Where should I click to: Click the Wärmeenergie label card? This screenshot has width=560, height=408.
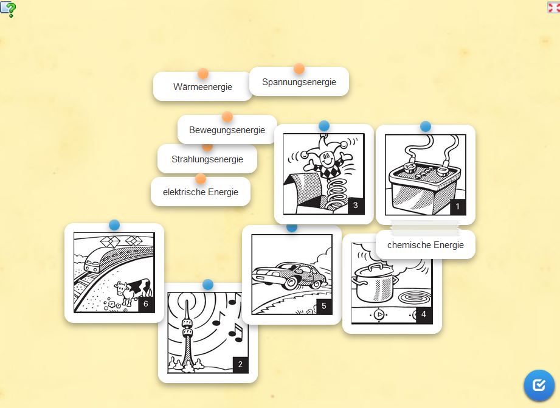coord(202,86)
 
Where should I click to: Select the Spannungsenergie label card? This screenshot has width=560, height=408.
coord(299,82)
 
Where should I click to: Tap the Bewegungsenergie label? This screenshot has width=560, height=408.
coord(227,130)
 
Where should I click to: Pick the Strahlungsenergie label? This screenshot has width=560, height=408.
coord(207,159)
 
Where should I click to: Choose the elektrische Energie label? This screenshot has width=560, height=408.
coord(201,192)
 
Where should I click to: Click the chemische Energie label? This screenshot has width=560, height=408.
coord(426,244)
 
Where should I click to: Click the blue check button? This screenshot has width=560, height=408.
coord(539,385)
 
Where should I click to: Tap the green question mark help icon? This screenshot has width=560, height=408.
coord(8,9)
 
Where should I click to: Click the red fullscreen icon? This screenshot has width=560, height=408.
coord(553,7)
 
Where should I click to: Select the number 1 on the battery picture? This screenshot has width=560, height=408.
coord(457,207)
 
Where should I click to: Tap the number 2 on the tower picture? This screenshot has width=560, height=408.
coord(240,364)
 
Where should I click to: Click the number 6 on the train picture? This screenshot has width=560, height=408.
coord(146,304)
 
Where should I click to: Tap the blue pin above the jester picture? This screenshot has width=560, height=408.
coord(324,126)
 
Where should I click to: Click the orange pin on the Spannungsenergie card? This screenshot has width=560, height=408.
coord(299,69)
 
